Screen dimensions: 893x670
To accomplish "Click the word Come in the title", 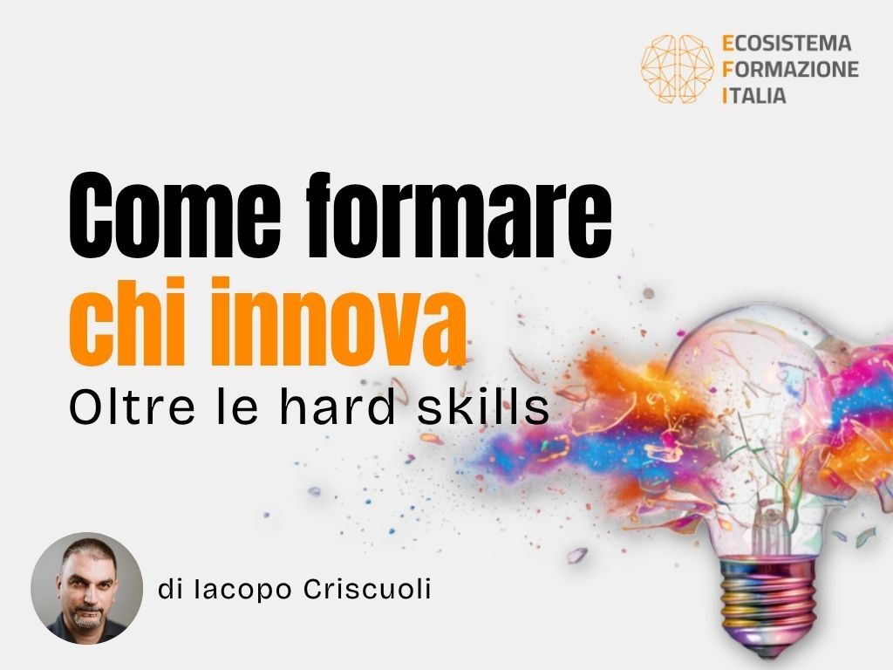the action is click(x=174, y=216).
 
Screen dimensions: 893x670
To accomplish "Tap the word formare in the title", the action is click(x=459, y=215).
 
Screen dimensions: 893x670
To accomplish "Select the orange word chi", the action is click(x=125, y=321).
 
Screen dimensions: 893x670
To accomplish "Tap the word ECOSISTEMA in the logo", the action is click(x=787, y=44).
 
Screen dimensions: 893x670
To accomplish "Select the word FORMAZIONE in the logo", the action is click(x=790, y=69).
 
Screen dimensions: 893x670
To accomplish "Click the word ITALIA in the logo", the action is click(x=754, y=95).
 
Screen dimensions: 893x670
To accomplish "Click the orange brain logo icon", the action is click(x=677, y=69).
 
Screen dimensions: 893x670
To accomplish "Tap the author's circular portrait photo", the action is click(x=86, y=588).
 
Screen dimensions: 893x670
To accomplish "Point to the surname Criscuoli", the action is click(x=367, y=589).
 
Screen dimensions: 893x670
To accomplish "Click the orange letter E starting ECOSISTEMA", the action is click(x=727, y=44).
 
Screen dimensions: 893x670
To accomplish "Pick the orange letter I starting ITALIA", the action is click(x=725, y=95).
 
